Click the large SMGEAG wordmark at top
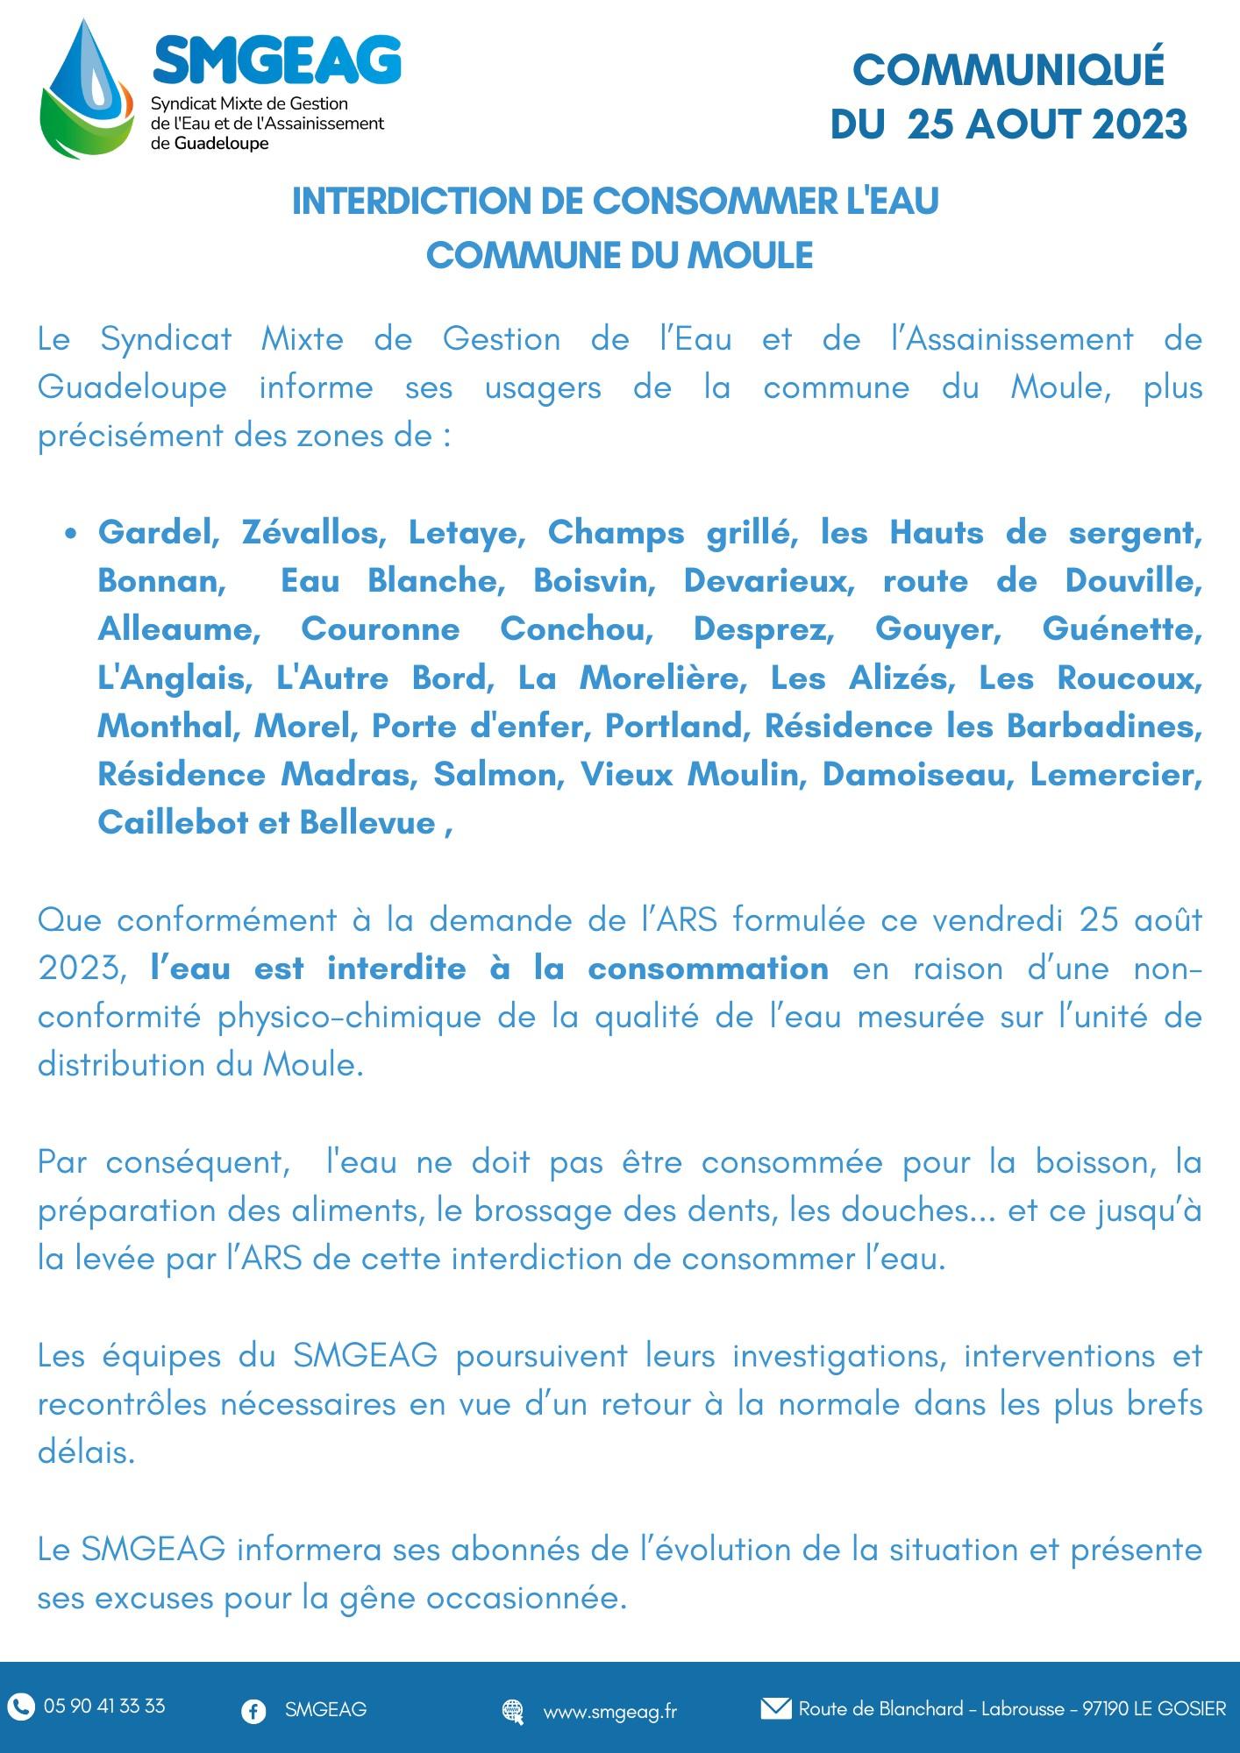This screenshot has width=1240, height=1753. point(277,61)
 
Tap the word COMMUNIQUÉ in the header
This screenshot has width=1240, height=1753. point(1008,70)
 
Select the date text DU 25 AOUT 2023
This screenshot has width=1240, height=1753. point(1008,124)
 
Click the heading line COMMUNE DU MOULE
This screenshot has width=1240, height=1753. point(619,255)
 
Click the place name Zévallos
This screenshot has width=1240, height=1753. point(311,532)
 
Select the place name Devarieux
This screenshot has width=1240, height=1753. point(769,580)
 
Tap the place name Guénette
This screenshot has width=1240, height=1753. point(1122,629)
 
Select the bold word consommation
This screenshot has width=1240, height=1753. point(708,969)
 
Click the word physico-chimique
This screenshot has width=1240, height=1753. point(348,1017)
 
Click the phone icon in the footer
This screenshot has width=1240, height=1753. point(21,1705)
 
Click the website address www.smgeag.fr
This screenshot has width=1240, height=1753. point(610,1710)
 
